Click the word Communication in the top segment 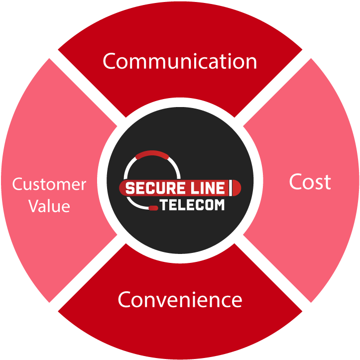pos(180,61)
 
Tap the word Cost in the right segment pos(310,182)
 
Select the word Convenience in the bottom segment pos(180,300)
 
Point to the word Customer pos(49,185)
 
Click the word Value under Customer pos(49,206)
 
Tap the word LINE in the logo pos(208,189)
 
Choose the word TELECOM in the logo pos(192,205)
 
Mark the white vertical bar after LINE pos(231,189)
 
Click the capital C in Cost pos(295,182)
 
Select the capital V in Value pos(33,206)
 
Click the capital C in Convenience pos(124,300)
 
